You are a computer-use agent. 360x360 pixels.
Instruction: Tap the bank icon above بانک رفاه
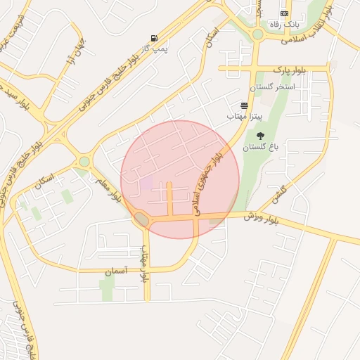(284, 13)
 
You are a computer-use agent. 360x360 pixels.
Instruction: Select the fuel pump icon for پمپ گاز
(154, 38)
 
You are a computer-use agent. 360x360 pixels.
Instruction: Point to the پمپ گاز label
(143, 49)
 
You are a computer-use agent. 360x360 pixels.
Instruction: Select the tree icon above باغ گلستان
(261, 136)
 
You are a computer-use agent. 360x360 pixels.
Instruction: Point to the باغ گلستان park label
(261, 148)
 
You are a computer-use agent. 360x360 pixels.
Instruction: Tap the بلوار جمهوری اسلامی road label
(208, 183)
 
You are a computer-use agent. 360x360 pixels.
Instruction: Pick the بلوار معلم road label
(113, 188)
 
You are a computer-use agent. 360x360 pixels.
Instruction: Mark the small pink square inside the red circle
(146, 183)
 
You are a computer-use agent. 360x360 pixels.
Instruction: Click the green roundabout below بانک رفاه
(257, 34)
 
